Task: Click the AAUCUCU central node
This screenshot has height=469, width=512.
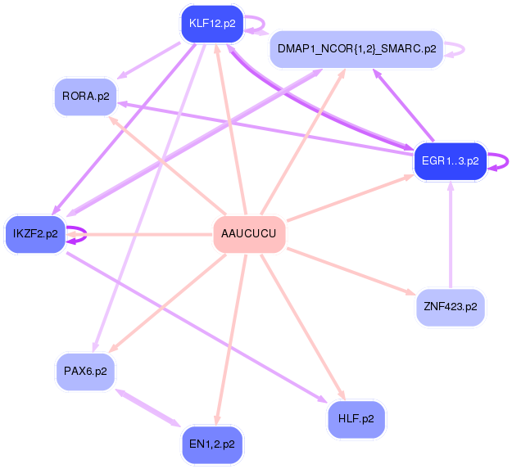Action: [249, 235]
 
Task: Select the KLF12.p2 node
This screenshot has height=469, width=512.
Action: [212, 23]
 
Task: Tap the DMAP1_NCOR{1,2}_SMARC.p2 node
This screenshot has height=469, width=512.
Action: [356, 50]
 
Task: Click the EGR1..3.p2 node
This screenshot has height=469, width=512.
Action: [450, 160]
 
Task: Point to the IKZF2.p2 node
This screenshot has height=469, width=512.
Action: [35, 234]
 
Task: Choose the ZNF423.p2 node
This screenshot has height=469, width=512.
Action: [450, 308]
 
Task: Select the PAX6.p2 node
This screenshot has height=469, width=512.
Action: [85, 372]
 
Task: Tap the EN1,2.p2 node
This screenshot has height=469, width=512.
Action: [211, 444]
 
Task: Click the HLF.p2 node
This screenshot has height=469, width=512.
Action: [356, 419]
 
